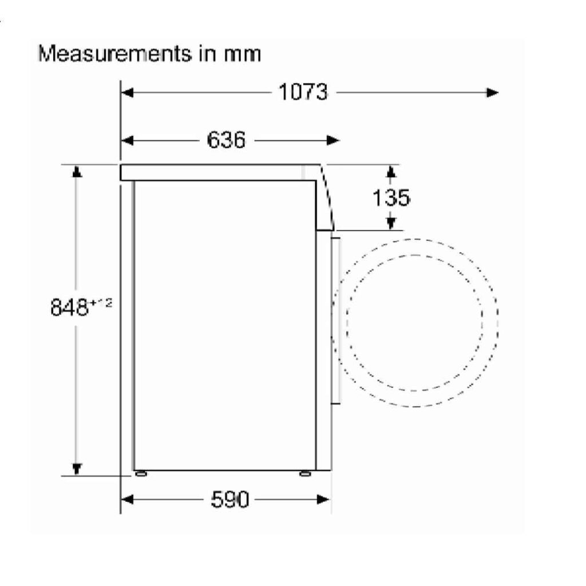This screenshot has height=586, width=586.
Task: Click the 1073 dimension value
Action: point(303,92)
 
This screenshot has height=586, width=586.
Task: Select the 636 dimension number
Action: point(226,140)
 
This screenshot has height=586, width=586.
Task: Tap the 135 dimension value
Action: point(391,197)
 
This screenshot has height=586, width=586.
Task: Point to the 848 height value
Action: point(69,307)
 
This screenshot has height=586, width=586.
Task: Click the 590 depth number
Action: point(229,499)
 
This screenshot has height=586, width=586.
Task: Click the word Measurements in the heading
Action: point(115,54)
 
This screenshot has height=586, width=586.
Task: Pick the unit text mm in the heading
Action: point(242,54)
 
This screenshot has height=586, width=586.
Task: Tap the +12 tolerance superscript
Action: point(100,302)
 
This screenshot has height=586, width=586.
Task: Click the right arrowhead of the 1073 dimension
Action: point(492,92)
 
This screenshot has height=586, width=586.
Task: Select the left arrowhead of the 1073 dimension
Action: point(128,92)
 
